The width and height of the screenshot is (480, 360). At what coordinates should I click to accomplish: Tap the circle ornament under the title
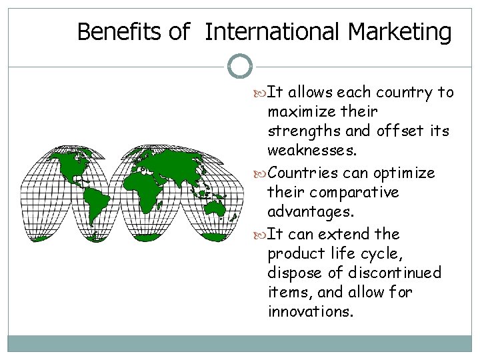240,67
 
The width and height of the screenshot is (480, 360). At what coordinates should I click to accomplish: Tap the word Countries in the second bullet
308,173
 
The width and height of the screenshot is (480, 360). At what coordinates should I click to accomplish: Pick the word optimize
405,173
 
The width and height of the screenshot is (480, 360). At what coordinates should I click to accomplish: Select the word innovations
309,311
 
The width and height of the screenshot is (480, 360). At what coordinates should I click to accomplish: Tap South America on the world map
98,200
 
